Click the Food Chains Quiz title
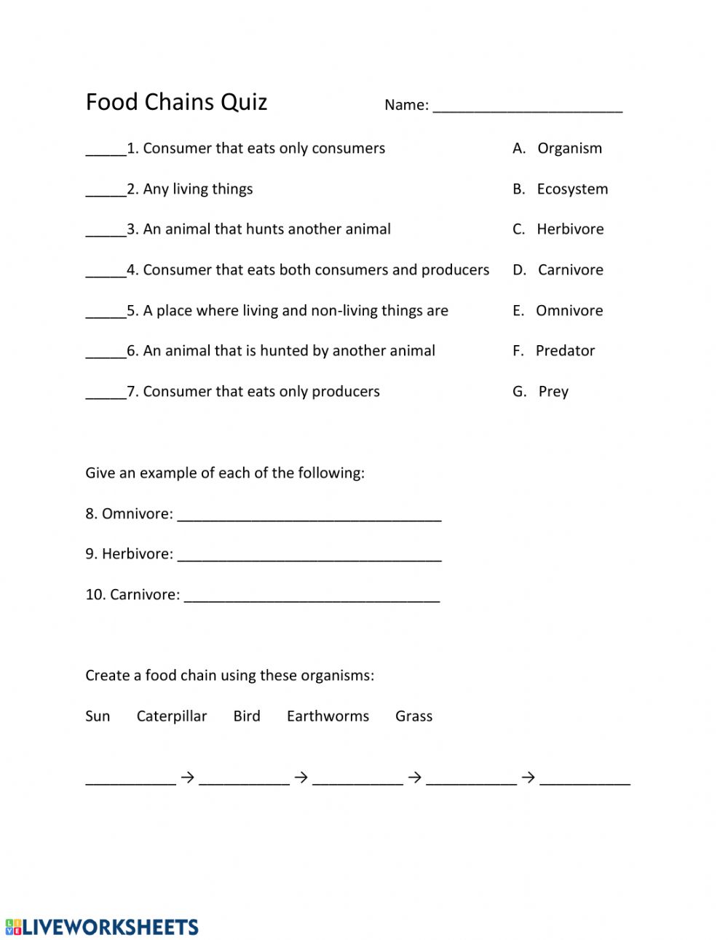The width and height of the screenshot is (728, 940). pos(176,102)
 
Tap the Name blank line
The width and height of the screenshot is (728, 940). pos(527,106)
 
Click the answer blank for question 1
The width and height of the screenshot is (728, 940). pos(106,150)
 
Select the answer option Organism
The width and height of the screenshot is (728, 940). pos(569,149)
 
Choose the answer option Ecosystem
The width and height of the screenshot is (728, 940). pos(572,189)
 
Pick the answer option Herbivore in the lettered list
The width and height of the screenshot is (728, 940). pos(570,229)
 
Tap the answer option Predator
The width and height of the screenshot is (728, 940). pos(565,351)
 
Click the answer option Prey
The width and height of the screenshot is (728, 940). pos(553,392)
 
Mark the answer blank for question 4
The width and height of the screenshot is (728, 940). pos(106,272)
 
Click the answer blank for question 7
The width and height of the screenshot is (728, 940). pos(106,393)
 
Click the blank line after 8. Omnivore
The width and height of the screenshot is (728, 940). pos(309,516)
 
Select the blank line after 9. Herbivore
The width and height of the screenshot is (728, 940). pos(309,556)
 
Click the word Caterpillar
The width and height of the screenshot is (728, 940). pos(172,716)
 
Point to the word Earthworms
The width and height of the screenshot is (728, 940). pos(328,716)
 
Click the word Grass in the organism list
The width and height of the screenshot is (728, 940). pos(414,716)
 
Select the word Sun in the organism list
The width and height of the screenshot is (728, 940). pos(98,716)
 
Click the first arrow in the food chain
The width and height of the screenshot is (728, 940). pos(187,778)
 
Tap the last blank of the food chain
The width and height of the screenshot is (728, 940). pos(585,779)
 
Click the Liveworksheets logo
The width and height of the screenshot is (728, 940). pos(102,927)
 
